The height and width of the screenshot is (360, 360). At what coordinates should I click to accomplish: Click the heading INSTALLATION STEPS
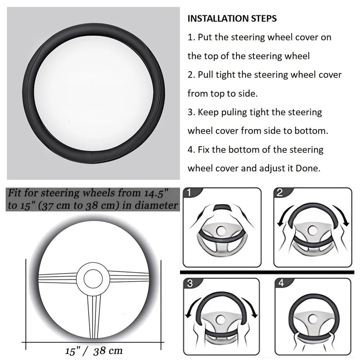coord(232,19)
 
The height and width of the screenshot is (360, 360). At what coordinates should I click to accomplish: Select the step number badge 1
coord(189,193)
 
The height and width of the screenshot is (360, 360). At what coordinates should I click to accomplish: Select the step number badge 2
coord(280,193)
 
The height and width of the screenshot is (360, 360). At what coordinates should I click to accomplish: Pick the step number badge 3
coord(189,284)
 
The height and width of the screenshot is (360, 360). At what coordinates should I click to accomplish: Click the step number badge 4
coord(282,284)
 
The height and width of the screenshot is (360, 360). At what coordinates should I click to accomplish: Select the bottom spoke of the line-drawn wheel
coord(93,315)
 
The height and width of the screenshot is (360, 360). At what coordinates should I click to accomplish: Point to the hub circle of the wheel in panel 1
coord(221,230)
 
